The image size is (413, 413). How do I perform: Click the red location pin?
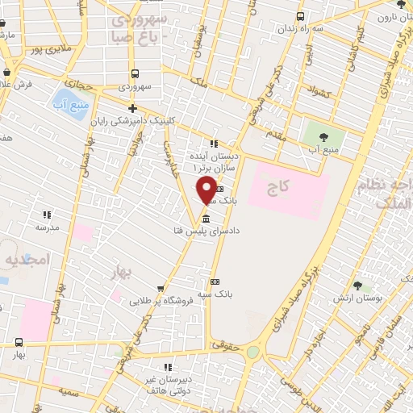coord(207,191)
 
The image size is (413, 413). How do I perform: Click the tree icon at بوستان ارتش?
coord(356,285)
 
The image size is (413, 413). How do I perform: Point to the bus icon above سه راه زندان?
coord(301,16)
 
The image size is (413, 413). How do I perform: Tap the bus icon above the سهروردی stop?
coord(133,70)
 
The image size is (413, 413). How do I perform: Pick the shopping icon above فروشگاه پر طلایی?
coord(161,288)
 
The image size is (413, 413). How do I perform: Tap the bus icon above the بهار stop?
coord(19,341)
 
